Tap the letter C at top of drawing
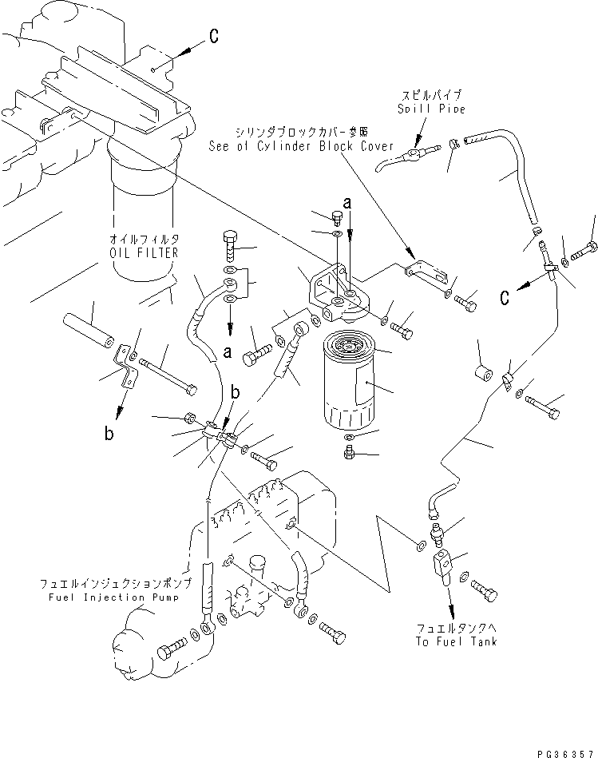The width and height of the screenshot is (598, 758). click(214, 35)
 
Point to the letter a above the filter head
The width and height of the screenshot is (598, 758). click(346, 204)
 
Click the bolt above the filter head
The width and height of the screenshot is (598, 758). click(335, 215)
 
